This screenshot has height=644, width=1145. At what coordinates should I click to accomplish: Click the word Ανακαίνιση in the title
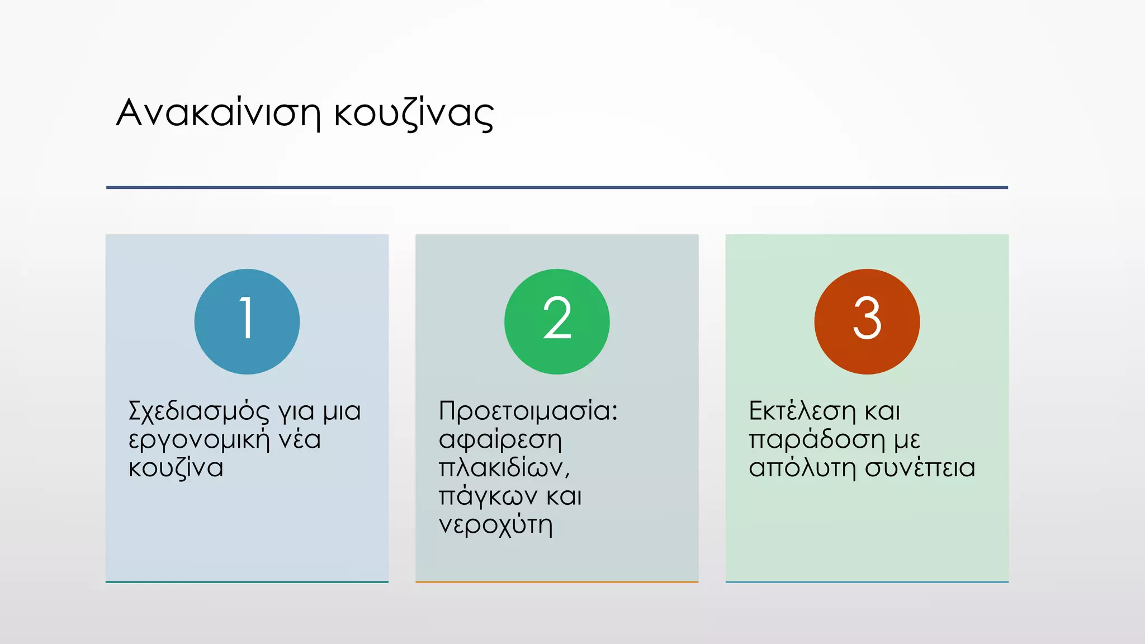[x=218, y=113]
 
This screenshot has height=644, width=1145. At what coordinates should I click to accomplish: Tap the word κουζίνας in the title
[x=414, y=114]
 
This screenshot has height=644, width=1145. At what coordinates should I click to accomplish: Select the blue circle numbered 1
[x=247, y=321]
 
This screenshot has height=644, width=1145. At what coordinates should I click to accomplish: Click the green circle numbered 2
[x=557, y=321]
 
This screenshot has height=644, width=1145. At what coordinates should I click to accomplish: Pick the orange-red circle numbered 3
[x=867, y=321]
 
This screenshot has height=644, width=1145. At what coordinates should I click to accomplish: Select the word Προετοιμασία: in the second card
[x=528, y=411]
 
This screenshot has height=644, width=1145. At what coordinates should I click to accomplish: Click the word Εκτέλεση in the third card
[x=802, y=412]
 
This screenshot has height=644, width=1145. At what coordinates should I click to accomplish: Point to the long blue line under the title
[x=557, y=187]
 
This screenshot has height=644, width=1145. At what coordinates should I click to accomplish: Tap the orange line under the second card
[x=557, y=582]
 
